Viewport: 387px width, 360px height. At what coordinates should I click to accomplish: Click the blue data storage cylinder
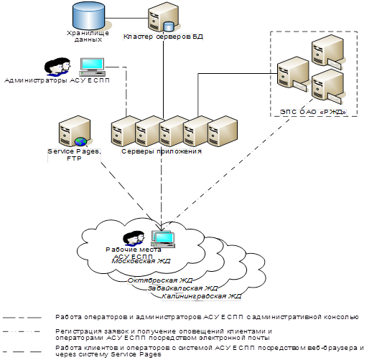click(x=88, y=16)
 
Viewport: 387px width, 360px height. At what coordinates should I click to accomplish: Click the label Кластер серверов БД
click(x=163, y=37)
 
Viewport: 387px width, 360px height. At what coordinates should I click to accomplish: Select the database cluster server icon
click(x=163, y=16)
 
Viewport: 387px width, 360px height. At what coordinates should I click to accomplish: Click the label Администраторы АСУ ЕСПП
click(x=57, y=80)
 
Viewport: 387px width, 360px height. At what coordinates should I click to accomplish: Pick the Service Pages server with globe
click(x=74, y=131)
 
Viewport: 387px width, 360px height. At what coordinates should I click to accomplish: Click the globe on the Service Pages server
click(x=80, y=142)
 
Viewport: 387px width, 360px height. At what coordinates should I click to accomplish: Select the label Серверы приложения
click(x=162, y=151)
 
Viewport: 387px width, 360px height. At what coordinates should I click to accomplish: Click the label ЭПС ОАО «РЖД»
click(x=313, y=112)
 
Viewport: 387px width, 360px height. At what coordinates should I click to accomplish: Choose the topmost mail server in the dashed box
click(x=327, y=52)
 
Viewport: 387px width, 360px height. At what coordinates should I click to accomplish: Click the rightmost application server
click(x=223, y=131)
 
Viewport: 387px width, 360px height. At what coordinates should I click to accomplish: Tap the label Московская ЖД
click(x=141, y=261)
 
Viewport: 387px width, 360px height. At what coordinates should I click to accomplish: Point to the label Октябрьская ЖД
click(x=160, y=280)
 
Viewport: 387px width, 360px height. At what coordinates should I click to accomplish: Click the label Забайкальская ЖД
click(x=182, y=288)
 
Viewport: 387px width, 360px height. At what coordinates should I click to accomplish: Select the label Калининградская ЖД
click(x=201, y=296)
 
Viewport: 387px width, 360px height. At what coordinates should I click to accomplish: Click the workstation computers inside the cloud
click(x=163, y=240)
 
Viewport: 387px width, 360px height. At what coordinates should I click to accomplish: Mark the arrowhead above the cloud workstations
click(x=161, y=227)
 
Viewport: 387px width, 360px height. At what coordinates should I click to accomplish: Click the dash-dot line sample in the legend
click(x=22, y=332)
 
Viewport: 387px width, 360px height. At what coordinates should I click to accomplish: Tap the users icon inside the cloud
click(x=134, y=238)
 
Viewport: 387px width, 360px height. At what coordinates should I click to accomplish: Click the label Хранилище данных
click(x=88, y=37)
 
